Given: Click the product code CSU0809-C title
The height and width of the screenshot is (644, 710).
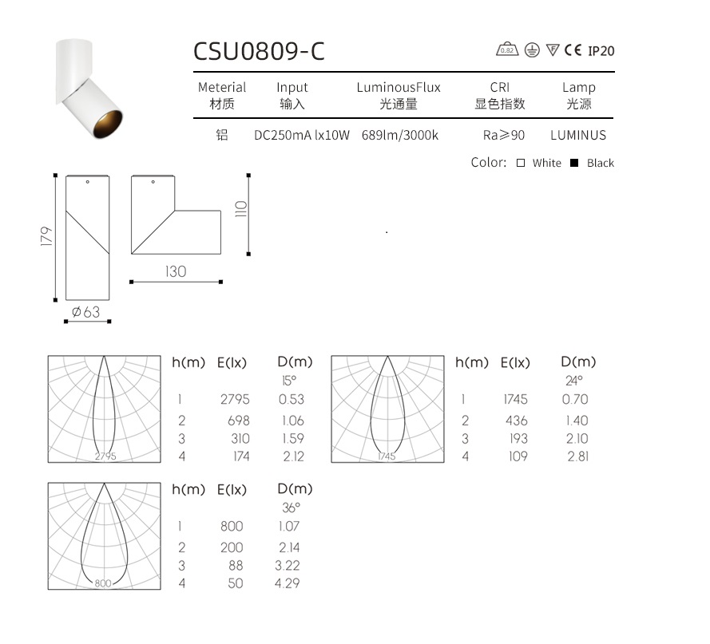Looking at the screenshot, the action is coord(259,51).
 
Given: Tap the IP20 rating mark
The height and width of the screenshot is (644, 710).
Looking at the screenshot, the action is coord(601,51).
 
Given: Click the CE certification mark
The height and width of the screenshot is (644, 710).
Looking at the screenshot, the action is coord(573,49).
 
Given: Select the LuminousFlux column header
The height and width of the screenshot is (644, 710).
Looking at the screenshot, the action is coord(399,87).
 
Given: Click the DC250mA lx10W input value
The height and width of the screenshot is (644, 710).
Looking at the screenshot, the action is coord(302,135).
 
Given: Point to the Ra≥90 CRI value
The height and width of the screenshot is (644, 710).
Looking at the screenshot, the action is coord(503,135).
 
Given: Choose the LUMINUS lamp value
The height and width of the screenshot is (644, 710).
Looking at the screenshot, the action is coord(578,135).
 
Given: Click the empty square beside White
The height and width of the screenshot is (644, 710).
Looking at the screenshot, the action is coord(521,163).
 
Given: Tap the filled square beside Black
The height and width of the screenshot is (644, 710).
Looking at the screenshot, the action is coord(574,163).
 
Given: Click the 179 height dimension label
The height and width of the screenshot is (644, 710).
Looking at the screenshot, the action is coord(46,236).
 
